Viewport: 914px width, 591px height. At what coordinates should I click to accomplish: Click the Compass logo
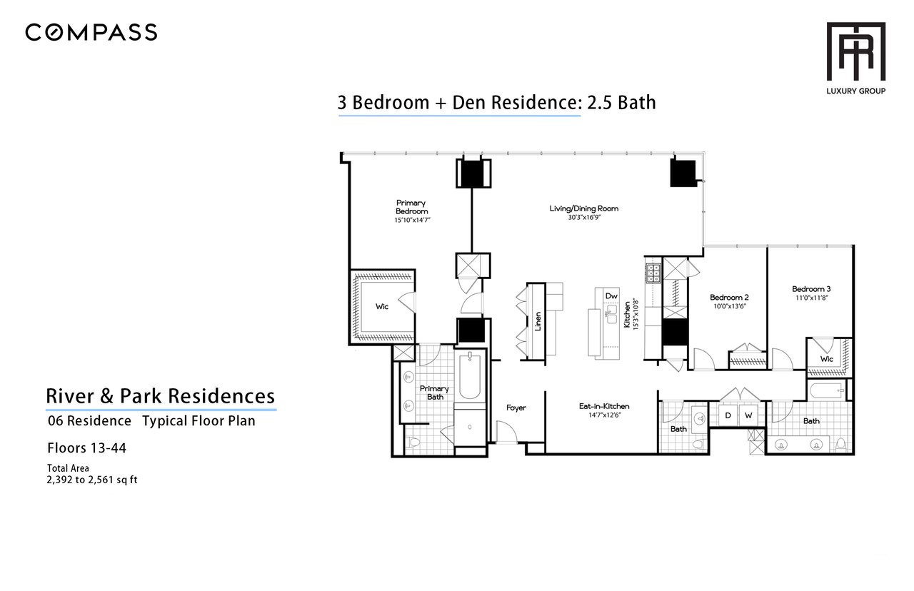(91, 32)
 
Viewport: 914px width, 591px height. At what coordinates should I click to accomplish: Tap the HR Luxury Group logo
(855, 59)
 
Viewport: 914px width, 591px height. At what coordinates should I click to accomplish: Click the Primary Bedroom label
(411, 207)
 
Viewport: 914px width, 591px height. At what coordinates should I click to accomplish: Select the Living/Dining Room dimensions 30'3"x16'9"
(584, 218)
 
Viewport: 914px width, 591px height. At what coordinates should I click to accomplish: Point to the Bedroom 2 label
(729, 298)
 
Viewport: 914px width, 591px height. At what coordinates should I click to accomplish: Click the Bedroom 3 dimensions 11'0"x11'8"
(812, 298)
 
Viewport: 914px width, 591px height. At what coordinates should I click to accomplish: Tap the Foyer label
(516, 408)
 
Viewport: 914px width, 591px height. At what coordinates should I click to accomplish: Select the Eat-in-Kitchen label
(604, 406)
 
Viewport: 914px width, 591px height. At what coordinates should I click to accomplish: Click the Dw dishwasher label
(611, 295)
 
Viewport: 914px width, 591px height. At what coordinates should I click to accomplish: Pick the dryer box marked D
(728, 415)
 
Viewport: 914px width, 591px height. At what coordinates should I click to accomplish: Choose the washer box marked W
(748, 415)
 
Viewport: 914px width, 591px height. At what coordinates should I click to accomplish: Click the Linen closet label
(538, 321)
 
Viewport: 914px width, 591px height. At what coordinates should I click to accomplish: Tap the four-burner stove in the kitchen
(653, 273)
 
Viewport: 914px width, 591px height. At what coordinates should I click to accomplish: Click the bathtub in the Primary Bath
(470, 376)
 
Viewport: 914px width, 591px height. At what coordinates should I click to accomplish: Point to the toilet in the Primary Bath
(414, 442)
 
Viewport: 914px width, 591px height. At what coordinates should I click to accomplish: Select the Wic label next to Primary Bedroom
(382, 307)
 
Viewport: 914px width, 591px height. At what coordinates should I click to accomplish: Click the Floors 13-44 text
(87, 448)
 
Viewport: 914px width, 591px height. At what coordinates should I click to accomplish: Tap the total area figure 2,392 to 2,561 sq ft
(92, 480)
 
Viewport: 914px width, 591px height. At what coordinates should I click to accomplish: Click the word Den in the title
(470, 102)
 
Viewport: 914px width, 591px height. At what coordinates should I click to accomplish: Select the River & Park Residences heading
(161, 396)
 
